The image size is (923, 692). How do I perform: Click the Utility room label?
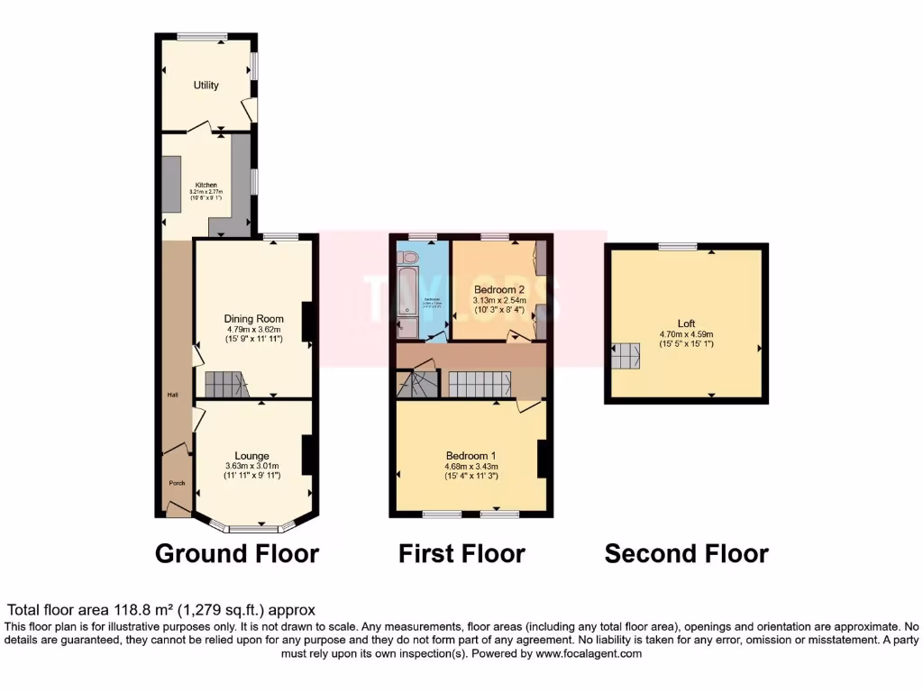point(206,86)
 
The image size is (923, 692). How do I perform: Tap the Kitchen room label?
point(206,185)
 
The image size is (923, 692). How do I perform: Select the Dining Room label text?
point(254,318)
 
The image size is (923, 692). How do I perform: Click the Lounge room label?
point(252,455)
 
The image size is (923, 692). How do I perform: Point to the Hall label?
point(171,395)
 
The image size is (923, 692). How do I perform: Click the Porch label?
point(177,483)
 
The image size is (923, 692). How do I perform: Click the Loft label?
point(687,322)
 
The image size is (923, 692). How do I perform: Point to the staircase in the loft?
point(626,357)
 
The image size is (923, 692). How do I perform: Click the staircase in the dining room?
point(225,385)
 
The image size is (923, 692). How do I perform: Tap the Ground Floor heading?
point(237,552)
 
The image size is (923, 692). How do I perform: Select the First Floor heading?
point(461,552)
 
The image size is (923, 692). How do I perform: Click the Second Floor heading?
point(686,552)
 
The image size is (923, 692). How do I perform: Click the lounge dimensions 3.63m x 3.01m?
point(252,466)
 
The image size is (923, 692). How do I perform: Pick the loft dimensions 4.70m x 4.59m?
point(687,332)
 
